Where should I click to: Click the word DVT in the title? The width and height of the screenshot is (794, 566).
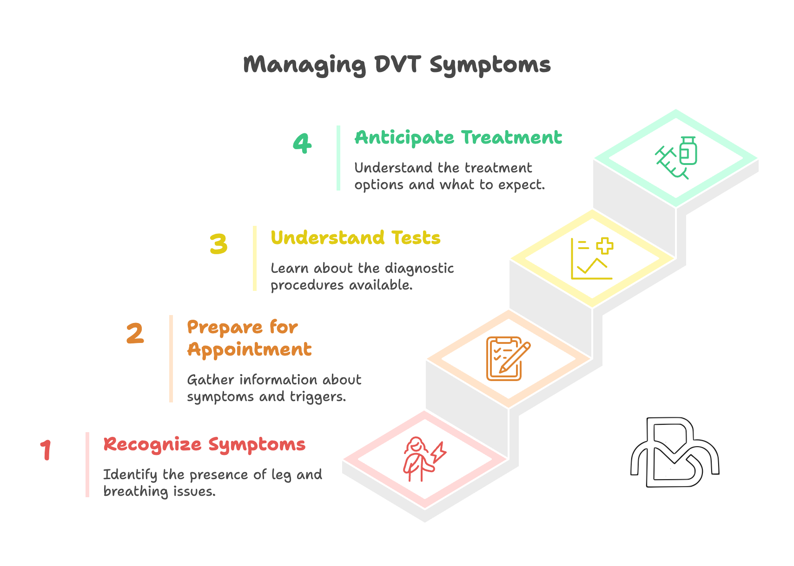pos(398,65)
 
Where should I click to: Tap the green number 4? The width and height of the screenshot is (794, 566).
pos(302,143)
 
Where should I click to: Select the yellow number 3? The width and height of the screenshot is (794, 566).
pos(218,244)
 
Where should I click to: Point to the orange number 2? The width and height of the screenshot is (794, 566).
pos(135,333)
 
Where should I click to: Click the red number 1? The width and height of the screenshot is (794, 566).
pos(46,450)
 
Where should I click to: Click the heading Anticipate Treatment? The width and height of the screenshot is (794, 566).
pos(458,138)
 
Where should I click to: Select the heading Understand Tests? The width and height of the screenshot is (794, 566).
pos(356,237)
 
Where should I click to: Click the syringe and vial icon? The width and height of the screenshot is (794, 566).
pos(676,158)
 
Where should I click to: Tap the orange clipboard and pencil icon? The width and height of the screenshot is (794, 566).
pos(508,359)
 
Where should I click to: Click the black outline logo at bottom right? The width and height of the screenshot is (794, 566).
pos(675,452)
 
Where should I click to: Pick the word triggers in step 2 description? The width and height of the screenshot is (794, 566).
pos(318,397)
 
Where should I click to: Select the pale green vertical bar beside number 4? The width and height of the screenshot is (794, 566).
pos(338,158)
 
